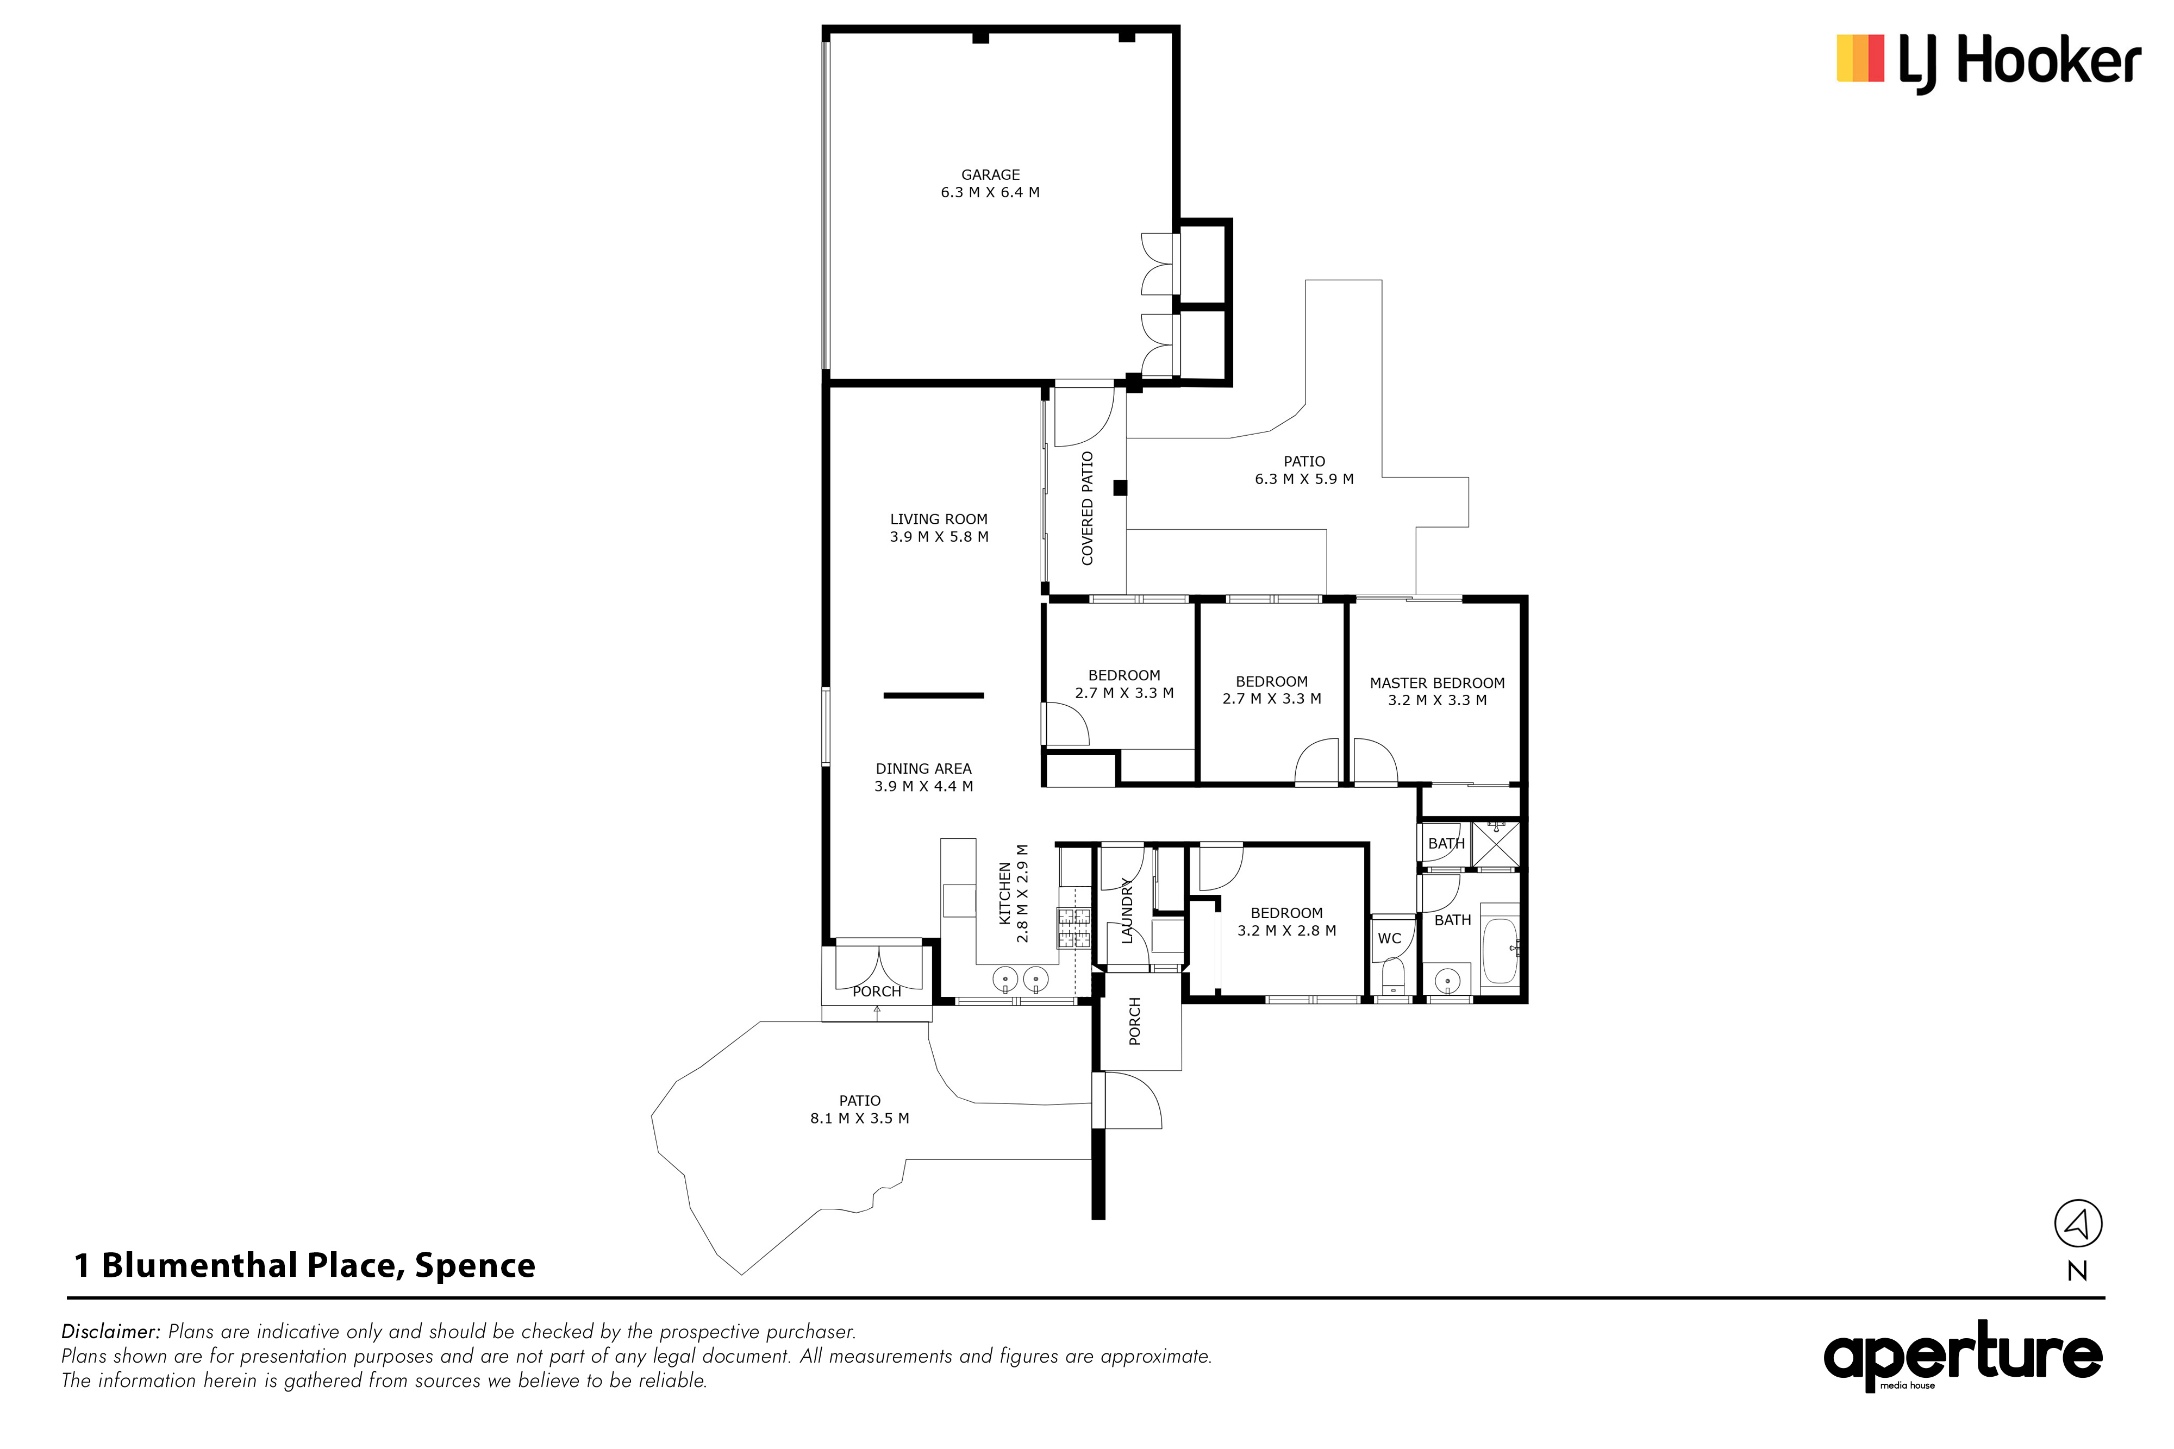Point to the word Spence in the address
pos(475,1265)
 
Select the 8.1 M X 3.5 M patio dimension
pos(860,1118)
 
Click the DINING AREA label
pos(923,769)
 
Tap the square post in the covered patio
pos(1120,488)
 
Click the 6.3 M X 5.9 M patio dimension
pos(1304,479)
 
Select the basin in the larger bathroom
pos(1447,978)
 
